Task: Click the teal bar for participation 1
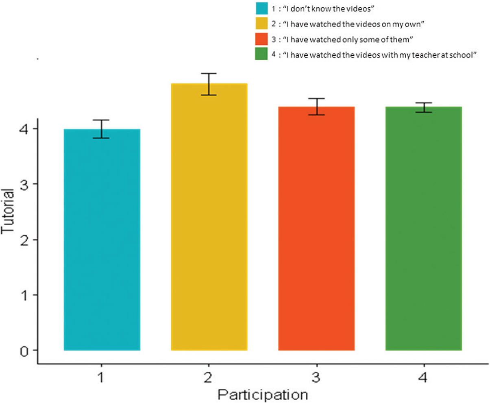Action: pyautogui.click(x=102, y=240)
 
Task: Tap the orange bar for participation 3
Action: pyautogui.click(x=316, y=228)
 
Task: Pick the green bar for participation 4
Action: pyautogui.click(x=423, y=228)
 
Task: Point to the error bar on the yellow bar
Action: pyautogui.click(x=209, y=84)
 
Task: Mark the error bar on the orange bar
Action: pyautogui.click(x=316, y=107)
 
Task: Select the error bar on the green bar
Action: pyautogui.click(x=423, y=107)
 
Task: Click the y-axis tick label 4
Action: pyautogui.click(x=24, y=129)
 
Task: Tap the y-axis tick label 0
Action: pyautogui.click(x=24, y=351)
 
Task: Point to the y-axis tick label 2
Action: pyautogui.click(x=24, y=240)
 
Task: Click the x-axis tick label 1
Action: pyautogui.click(x=101, y=378)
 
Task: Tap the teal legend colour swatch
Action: pyautogui.click(x=261, y=9)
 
